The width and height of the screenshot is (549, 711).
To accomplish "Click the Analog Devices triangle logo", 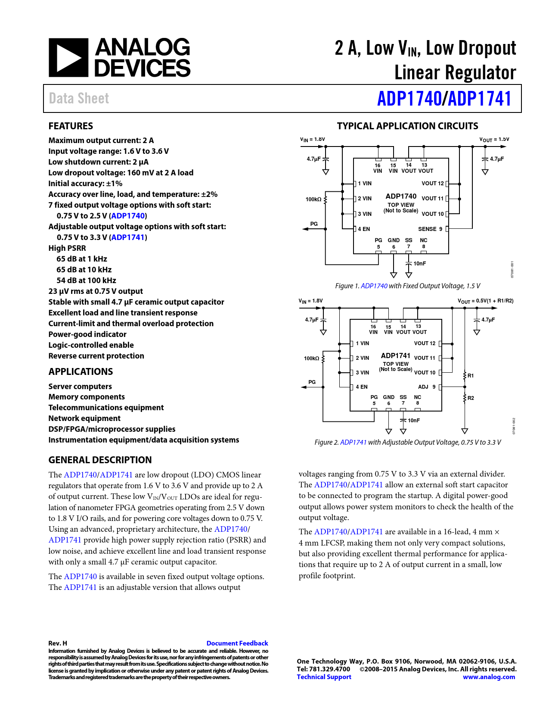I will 68,58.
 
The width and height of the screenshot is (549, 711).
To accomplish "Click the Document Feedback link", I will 237,643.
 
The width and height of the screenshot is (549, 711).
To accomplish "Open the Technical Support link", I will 324,677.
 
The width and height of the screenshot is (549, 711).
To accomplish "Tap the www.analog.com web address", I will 489,677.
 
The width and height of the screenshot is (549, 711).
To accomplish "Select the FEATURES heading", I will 71,126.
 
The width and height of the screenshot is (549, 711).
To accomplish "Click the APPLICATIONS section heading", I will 81,371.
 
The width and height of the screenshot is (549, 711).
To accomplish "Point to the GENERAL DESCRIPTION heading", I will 100,460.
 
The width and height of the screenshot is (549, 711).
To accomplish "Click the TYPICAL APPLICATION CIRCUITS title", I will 407,126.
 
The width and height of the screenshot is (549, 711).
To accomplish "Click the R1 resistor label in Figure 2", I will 471,376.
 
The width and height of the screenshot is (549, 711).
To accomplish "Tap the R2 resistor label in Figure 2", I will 471,398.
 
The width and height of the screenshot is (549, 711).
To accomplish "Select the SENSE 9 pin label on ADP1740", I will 430,229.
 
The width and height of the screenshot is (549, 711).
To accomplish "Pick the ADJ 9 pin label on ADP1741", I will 426,387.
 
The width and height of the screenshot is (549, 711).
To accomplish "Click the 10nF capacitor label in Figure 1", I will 419,263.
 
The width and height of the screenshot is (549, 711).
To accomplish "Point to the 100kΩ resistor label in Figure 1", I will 313,199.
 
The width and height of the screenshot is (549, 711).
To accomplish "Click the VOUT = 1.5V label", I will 494,140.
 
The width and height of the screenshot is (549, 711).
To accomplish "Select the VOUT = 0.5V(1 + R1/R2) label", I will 485,301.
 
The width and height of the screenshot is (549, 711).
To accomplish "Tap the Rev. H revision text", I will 58,643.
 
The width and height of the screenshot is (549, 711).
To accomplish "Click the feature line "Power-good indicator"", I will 87,334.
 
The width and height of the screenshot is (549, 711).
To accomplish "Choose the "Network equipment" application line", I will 84,418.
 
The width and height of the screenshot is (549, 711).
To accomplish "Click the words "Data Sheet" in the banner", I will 79,98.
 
